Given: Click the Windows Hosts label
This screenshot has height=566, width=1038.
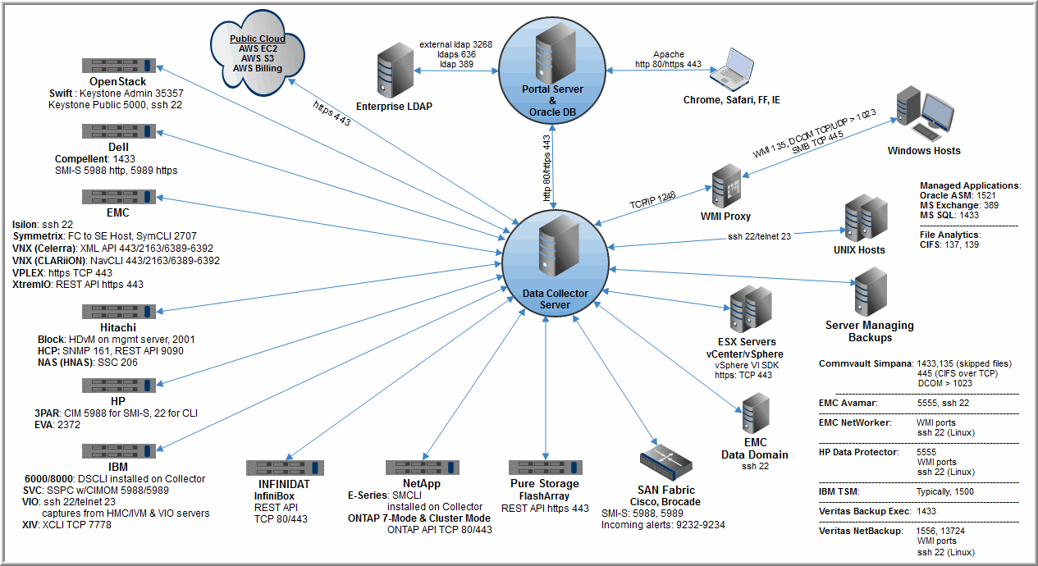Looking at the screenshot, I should (923, 151).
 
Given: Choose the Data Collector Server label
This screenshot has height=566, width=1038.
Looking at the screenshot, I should (553, 299).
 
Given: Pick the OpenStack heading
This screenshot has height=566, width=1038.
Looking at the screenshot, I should (118, 82).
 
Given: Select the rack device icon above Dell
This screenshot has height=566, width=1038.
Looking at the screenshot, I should (118, 131).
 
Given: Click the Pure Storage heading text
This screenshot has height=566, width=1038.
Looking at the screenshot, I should (545, 484).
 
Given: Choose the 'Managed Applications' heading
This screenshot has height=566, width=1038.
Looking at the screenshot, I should (969, 186).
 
